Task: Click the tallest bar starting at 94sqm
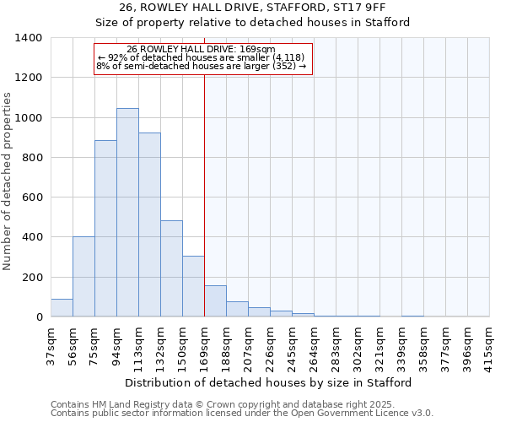(x=127, y=213)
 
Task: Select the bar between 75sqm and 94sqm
(x=105, y=229)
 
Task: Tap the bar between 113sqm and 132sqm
(x=149, y=225)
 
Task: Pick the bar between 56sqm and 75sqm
(x=83, y=277)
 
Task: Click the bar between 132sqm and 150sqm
(x=171, y=268)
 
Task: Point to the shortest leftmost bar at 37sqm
(x=62, y=308)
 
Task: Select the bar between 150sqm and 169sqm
(x=193, y=286)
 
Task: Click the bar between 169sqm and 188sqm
(x=215, y=301)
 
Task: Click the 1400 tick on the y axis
(x=29, y=38)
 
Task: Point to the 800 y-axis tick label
(x=32, y=158)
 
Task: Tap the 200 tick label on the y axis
(x=32, y=278)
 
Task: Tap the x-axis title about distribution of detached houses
(x=269, y=382)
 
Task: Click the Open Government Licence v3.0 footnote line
(x=242, y=413)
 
